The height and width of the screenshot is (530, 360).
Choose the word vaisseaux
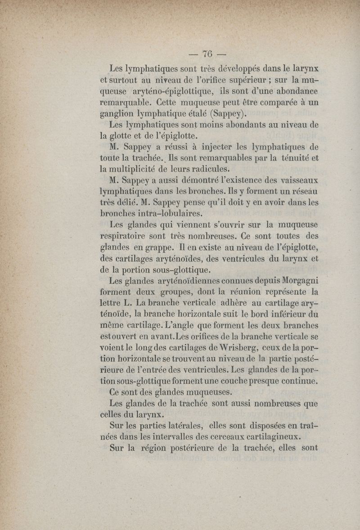point(294,181)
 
